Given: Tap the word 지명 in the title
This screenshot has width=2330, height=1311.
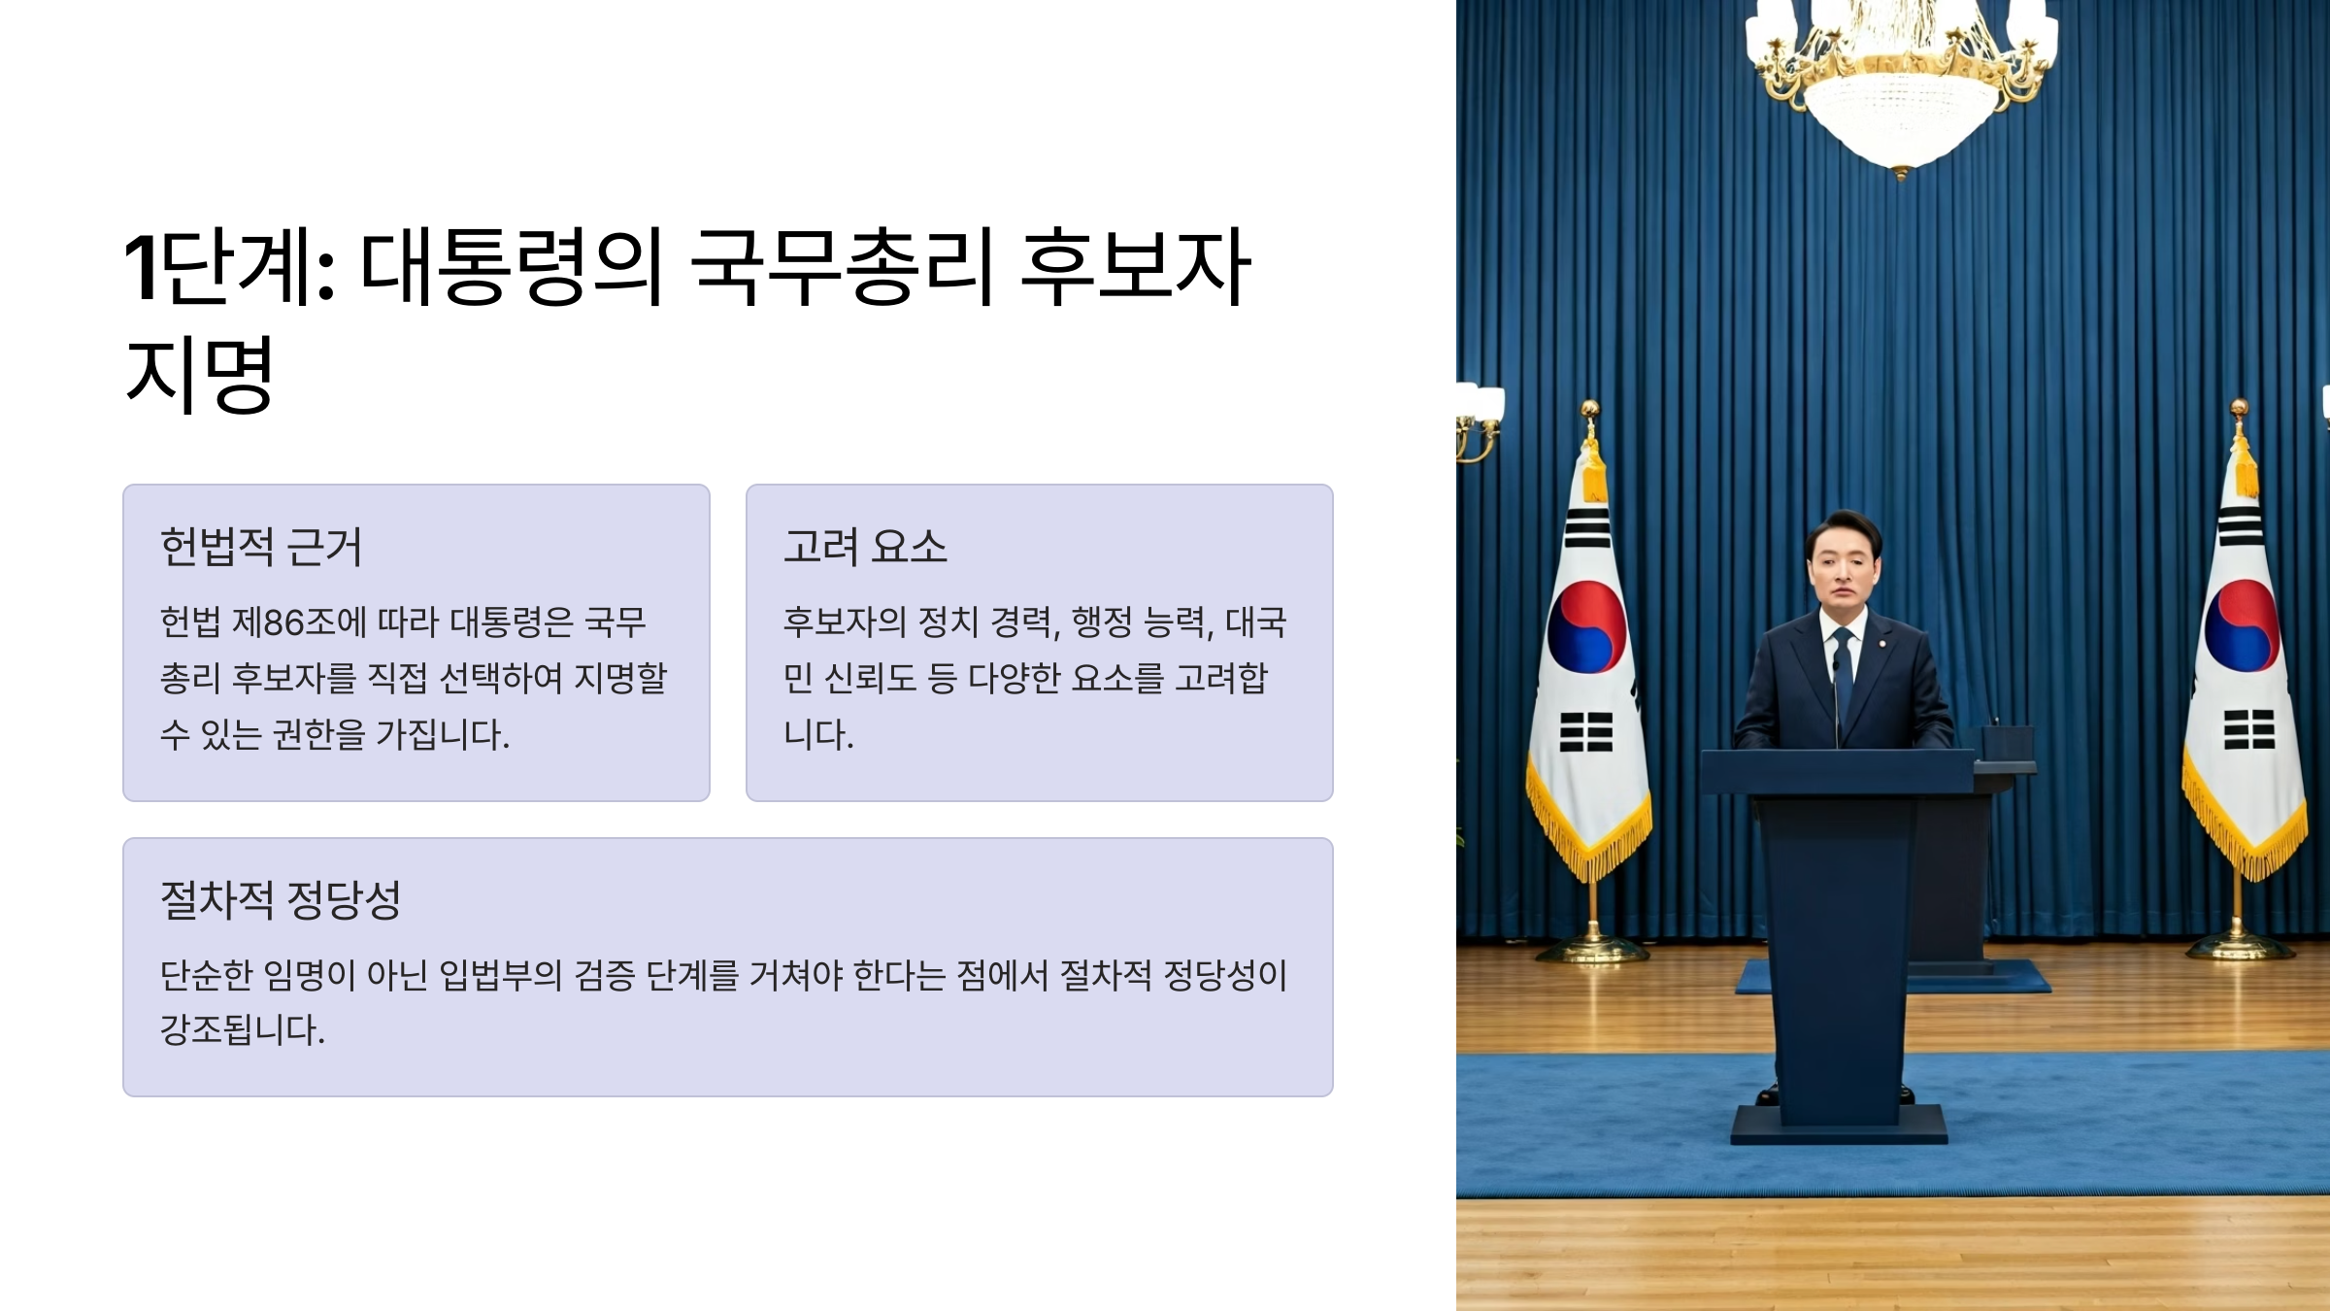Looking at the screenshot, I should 200,375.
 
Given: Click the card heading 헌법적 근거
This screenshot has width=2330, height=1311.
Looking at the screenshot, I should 261,547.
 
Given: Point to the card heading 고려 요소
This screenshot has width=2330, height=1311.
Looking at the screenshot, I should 865,547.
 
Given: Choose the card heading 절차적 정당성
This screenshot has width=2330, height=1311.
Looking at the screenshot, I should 281,900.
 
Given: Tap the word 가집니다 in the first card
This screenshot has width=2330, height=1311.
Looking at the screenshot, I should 442,735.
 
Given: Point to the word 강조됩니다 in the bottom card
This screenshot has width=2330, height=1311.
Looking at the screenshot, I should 242,1030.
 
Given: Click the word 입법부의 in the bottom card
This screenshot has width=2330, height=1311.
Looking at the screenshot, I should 501,975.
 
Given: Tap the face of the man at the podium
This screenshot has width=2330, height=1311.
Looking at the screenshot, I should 1843,567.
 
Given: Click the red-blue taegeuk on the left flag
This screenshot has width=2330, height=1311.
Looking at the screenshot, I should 1587,627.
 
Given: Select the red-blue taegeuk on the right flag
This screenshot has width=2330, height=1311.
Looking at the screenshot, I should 2243,626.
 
